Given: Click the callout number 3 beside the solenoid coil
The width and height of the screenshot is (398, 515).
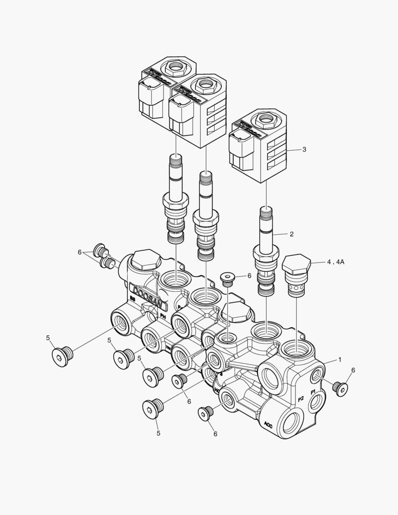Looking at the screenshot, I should point(304,149).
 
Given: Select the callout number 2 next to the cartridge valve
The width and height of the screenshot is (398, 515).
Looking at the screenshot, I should point(291,234).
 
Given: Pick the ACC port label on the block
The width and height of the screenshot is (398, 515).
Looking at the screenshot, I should point(267,423).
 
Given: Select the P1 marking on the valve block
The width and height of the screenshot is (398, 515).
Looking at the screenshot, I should point(313,392).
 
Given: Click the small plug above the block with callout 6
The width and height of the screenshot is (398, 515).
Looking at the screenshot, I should point(228,278).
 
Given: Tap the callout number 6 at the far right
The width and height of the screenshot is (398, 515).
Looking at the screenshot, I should point(353,370).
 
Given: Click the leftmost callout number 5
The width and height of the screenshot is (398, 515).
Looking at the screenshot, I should point(48,338).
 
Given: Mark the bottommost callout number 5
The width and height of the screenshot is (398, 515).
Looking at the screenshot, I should point(158,433).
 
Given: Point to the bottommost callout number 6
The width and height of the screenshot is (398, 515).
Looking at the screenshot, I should point(215,434).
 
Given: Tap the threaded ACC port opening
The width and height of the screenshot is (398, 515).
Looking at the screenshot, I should point(291,421).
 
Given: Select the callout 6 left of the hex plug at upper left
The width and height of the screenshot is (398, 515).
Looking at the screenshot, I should point(80,252).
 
